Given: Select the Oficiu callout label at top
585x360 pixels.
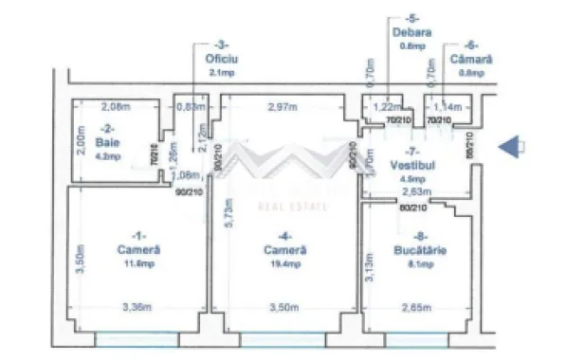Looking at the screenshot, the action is [x=221, y=58].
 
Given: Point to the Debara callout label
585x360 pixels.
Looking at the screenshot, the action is [x=411, y=31].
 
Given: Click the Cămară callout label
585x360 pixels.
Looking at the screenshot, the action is [x=471, y=59].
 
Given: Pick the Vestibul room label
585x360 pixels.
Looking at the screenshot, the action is [x=411, y=163].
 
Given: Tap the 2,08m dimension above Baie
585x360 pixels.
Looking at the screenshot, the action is [x=115, y=106].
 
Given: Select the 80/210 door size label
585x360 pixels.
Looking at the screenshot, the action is [x=411, y=207].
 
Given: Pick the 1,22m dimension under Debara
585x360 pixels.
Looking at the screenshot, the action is [x=384, y=107].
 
